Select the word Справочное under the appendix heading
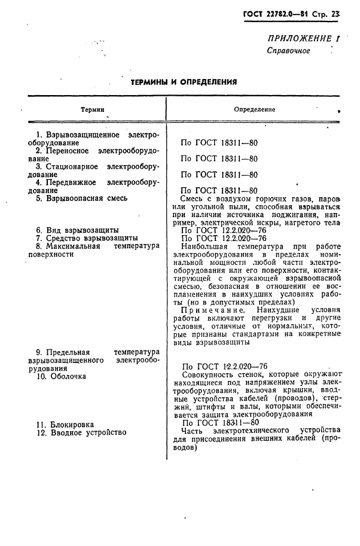click(288, 50)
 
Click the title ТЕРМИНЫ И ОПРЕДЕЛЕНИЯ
click(184, 82)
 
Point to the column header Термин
click(93, 110)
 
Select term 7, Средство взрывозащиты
click(91, 238)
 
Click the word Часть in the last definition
click(193, 430)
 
